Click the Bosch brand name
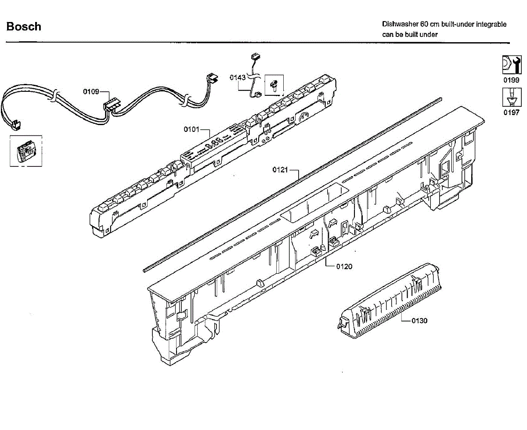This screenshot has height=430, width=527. [x=24, y=27]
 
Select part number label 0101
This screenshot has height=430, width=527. [x=191, y=130]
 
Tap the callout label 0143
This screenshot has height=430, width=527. [x=238, y=78]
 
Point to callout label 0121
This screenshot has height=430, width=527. [x=280, y=170]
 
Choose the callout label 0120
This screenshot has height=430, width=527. [x=344, y=266]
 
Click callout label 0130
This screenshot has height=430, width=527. [x=419, y=321]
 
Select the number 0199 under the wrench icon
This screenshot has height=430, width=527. [x=511, y=80]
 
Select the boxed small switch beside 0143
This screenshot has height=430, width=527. [x=274, y=85]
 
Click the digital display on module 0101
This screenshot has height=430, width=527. [x=214, y=144]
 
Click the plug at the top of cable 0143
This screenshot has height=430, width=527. [x=253, y=57]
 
